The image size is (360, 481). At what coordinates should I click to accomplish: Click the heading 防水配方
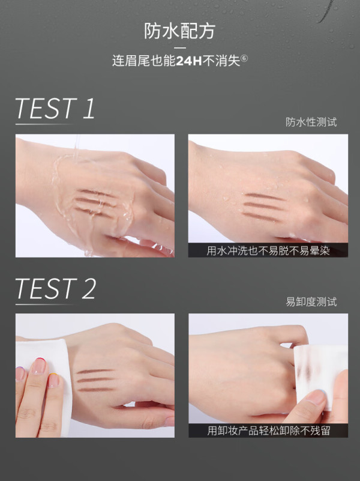pyautogui.click(x=180, y=31)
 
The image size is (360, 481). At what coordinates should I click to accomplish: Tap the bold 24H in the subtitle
pyautogui.click(x=189, y=61)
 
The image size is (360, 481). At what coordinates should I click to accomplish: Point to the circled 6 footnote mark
pyautogui.click(x=244, y=58)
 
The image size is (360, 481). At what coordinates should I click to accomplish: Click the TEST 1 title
pyautogui.click(x=55, y=108)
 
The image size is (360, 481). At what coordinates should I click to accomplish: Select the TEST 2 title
pyautogui.click(x=56, y=288)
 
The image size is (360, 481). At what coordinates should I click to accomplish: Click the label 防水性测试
pyautogui.click(x=311, y=122)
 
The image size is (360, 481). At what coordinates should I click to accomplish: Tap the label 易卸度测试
pyautogui.click(x=311, y=302)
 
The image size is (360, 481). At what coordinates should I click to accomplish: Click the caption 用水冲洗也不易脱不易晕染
pyautogui.click(x=268, y=251)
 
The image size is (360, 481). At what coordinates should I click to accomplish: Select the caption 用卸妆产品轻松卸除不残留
pyautogui.click(x=268, y=431)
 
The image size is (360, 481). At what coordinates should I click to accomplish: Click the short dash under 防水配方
pyautogui.click(x=180, y=48)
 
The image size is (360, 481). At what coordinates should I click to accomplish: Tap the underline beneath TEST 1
pyautogui.click(x=44, y=124)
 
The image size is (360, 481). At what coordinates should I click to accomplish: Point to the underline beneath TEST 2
pyautogui.click(x=45, y=304)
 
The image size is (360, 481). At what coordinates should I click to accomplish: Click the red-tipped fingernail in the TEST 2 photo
pyautogui.click(x=39, y=366)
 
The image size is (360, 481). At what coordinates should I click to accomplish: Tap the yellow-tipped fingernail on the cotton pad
pyautogui.click(x=53, y=380)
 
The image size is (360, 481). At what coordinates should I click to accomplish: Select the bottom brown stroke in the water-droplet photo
pyautogui.click(x=261, y=217)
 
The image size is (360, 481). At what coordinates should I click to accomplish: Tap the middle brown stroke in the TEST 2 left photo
pyautogui.click(x=95, y=380)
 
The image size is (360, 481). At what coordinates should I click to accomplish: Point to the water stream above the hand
pyautogui.click(x=76, y=146)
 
